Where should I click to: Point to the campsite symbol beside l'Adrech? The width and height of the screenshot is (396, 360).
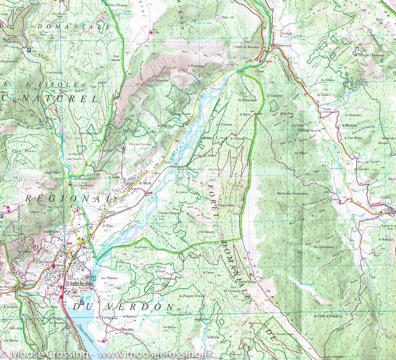tap(261, 61)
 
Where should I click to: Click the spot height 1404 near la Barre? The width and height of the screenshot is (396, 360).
tap(259, 114)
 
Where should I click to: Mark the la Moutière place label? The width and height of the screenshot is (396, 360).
tap(350, 125)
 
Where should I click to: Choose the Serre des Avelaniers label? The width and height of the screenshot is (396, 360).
tap(292, 193)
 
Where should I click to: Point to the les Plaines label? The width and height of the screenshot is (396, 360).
tap(110, 278)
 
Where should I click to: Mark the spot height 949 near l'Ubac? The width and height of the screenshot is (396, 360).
tap(243, 72)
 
